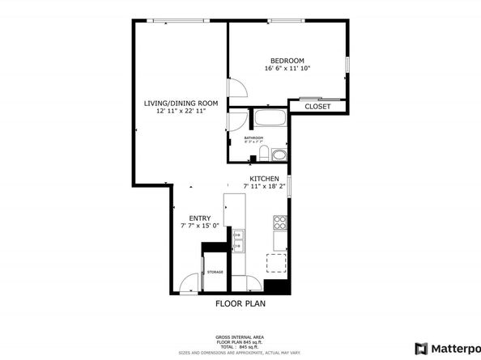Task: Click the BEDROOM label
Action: pyautogui.click(x=287, y=61)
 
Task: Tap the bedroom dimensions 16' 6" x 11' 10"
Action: pyautogui.click(x=287, y=69)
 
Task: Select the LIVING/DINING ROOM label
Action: pyautogui.click(x=181, y=103)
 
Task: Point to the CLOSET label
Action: pyautogui.click(x=317, y=107)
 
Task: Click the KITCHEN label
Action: pyautogui.click(x=264, y=179)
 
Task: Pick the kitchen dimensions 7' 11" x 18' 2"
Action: pyautogui.click(x=264, y=187)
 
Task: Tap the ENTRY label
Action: pyautogui.click(x=199, y=218)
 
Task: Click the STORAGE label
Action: pyautogui.click(x=215, y=272)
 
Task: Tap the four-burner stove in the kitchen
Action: pyautogui.click(x=280, y=221)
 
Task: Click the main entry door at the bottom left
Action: pyautogui.click(x=189, y=283)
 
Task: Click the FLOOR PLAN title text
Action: pyautogui.click(x=240, y=304)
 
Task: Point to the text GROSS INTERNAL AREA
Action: pyautogui.click(x=239, y=337)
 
